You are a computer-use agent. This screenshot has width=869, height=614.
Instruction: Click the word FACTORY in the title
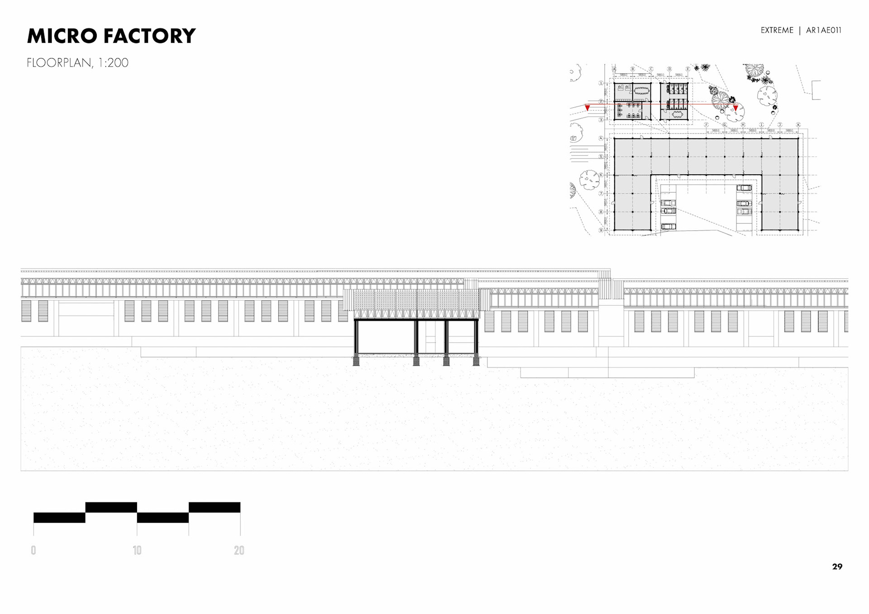[150, 36]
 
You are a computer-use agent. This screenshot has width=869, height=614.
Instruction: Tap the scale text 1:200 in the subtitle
[113, 62]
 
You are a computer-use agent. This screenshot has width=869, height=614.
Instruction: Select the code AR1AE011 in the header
[823, 30]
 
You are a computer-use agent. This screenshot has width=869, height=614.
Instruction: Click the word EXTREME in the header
[777, 30]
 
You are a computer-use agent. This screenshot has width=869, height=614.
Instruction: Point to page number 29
[837, 566]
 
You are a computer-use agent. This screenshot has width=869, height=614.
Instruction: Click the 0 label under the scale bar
[33, 550]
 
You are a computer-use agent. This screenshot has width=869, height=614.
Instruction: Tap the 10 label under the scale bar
[137, 550]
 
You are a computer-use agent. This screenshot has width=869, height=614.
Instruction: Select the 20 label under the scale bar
[239, 550]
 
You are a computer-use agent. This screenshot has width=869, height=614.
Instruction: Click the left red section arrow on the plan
[587, 108]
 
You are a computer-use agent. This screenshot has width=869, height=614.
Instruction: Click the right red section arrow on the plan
[735, 108]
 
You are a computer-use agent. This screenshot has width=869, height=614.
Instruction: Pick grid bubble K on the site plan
[798, 124]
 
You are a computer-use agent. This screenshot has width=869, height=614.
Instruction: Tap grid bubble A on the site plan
[614, 69]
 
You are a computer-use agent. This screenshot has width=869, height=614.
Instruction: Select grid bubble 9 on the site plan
[601, 230]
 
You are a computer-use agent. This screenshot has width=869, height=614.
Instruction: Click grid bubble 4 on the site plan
[601, 138]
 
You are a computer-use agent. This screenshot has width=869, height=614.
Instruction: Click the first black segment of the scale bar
[59, 518]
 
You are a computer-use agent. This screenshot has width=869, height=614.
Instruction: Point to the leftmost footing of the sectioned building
[356, 360]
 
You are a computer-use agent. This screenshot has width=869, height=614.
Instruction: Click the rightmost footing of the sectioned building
[476, 360]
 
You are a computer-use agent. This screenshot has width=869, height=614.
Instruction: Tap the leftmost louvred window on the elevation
[26, 311]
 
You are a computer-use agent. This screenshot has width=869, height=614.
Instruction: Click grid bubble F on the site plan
[706, 124]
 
